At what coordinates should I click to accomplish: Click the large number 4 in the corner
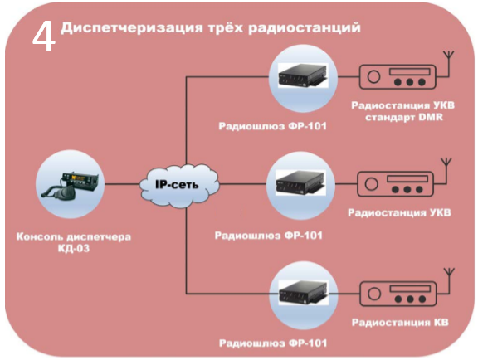[x=44, y=37]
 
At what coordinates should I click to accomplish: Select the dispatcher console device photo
[x=70, y=186]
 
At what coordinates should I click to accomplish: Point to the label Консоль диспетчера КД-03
[x=74, y=243]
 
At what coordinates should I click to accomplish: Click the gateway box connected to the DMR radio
[x=303, y=75]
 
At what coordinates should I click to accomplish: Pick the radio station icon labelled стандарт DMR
[x=398, y=77]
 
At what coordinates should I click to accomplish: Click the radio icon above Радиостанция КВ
[x=398, y=294]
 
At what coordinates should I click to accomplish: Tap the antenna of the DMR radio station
[x=449, y=64]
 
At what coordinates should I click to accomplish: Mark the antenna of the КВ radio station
[x=449, y=281]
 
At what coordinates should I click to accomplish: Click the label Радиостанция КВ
[x=400, y=323]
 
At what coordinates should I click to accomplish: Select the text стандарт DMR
[x=404, y=117]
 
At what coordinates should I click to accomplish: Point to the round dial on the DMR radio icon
[x=373, y=77]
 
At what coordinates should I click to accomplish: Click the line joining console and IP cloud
[x=122, y=184]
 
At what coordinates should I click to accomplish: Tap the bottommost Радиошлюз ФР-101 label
[x=273, y=343]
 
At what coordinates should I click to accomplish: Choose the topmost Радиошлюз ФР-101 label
[x=272, y=126]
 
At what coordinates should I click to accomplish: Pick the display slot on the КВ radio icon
[x=409, y=289]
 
